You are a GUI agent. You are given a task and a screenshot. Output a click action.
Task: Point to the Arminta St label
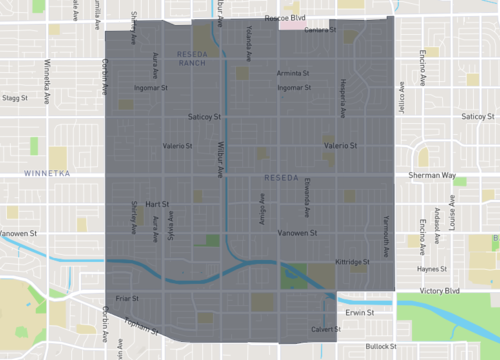point(294,73)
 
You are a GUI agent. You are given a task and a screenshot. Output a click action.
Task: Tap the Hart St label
point(157,203)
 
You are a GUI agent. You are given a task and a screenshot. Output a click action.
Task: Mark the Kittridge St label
point(352,261)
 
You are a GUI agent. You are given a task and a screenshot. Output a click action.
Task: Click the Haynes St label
point(432,268)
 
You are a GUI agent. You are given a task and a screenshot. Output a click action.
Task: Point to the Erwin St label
point(359,312)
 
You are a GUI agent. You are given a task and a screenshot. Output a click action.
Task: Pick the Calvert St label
point(326,328)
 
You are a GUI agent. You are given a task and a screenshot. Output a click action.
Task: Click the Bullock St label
point(381,346)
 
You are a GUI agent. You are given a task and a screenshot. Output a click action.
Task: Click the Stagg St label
point(15,98)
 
